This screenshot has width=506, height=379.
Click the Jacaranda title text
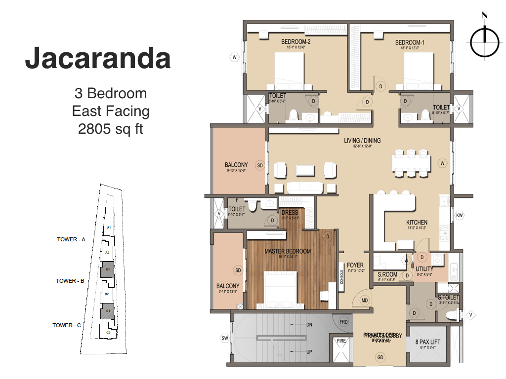tap(98, 58)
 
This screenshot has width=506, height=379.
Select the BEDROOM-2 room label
tap(295, 42)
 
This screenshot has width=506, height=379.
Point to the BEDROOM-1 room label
tap(410, 42)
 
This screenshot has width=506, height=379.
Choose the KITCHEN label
tap(417, 223)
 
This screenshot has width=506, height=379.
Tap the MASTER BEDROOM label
tap(288, 251)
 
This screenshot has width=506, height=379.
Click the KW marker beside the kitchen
tap(460, 215)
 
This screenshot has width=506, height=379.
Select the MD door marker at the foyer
tap(365, 300)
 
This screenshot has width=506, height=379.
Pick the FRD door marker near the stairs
tap(344, 322)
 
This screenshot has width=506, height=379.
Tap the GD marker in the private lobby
tap(380, 357)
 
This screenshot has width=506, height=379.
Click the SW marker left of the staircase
tap(225, 338)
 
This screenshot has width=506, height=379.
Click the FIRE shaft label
tap(341, 340)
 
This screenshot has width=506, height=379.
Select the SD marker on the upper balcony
tap(260, 165)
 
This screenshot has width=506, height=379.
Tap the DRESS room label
tap(290, 213)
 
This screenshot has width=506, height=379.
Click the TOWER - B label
tap(70, 281)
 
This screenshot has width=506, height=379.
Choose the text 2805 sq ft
tap(111, 129)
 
